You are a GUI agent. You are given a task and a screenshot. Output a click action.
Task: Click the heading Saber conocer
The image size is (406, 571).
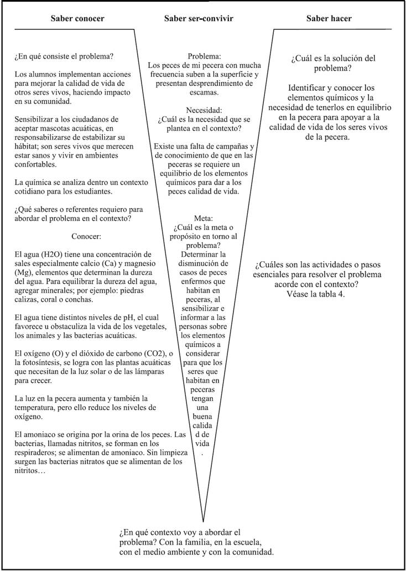(x=77, y=19)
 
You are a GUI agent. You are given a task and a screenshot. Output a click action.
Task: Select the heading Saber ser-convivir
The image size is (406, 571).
(x=199, y=19)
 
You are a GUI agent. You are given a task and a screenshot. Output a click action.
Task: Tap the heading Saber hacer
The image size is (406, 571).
(x=329, y=19)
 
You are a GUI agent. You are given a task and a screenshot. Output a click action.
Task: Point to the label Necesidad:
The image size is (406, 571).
(x=204, y=110)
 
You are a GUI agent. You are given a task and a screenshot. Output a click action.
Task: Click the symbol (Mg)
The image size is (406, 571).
(x=24, y=272)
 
